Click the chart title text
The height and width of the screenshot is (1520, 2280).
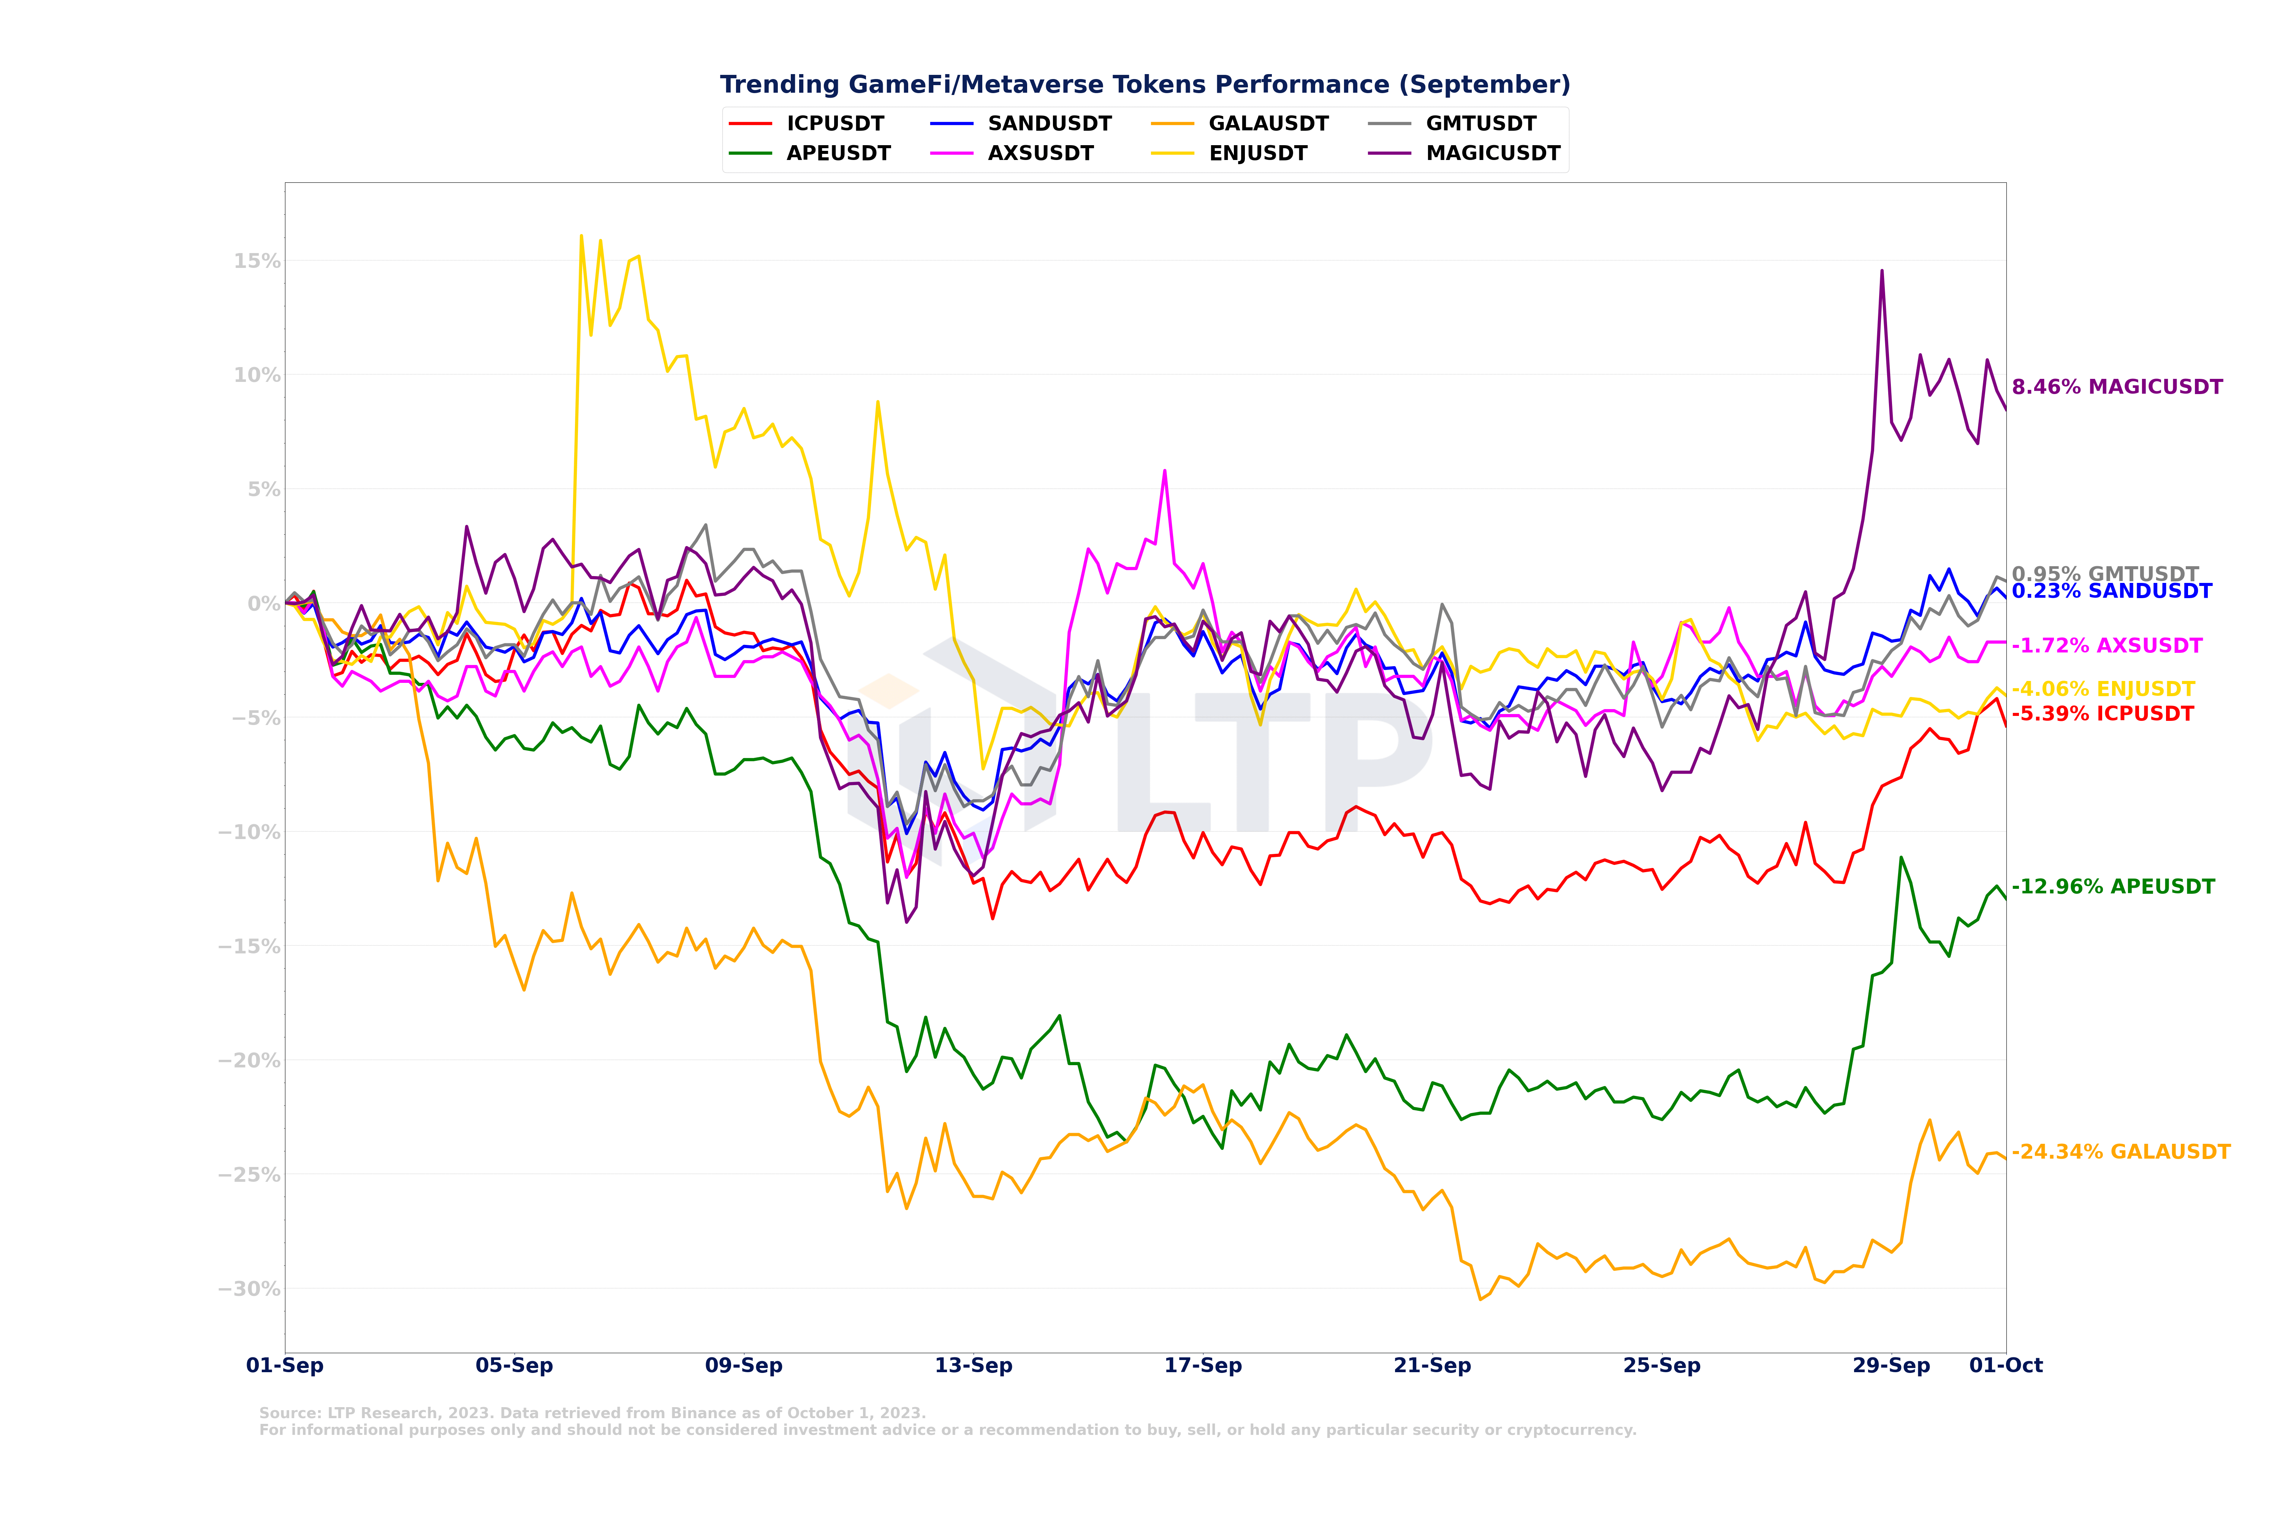tap(1145, 84)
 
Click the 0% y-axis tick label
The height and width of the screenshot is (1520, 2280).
tap(264, 603)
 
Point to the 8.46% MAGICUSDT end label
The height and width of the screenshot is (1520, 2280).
tap(2117, 387)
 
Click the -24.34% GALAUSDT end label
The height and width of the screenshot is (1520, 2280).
tap(2121, 1152)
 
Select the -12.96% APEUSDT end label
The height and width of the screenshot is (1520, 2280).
tap(2113, 887)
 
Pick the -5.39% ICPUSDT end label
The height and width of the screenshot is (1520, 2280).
tap(2103, 714)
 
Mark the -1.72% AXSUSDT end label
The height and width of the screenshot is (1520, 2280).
tap(2107, 646)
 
